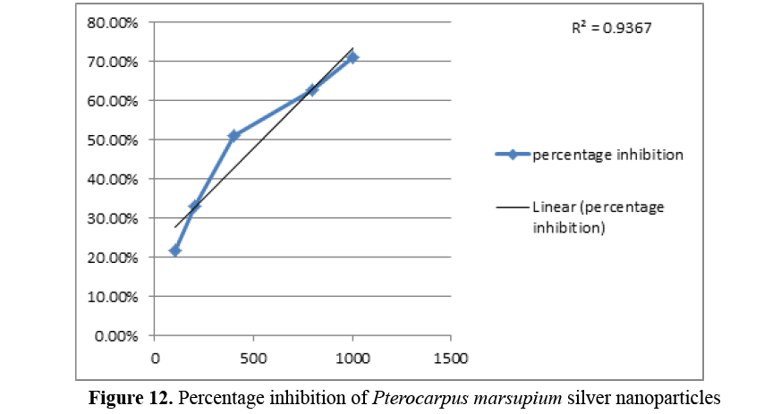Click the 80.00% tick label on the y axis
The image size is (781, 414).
click(111, 22)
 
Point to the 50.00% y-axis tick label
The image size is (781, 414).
click(111, 139)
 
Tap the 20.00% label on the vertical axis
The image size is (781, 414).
click(111, 258)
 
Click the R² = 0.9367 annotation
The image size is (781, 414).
click(611, 28)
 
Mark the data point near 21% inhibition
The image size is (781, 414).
click(175, 250)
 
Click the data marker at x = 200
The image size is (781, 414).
click(194, 206)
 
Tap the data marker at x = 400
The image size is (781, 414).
click(233, 136)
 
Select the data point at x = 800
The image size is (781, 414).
click(312, 89)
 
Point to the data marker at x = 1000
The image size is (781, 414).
click(352, 57)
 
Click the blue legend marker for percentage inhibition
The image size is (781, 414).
click(513, 155)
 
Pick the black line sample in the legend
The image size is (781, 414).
click(513, 207)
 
